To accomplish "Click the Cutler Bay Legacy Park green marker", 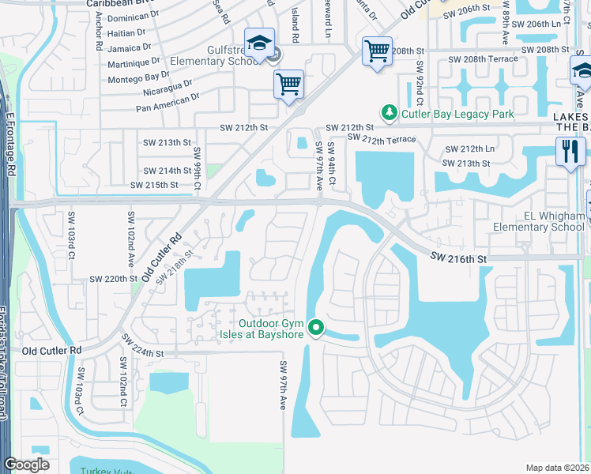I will point(388,114).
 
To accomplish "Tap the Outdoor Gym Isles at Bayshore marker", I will point(316,326).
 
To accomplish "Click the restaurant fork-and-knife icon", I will point(570,150).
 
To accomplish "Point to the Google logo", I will point(27,465).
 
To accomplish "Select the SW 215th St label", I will point(155,185).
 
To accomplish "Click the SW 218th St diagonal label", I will point(175,266).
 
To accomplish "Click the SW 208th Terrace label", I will point(483,59).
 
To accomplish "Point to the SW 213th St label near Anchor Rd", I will point(167,142).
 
